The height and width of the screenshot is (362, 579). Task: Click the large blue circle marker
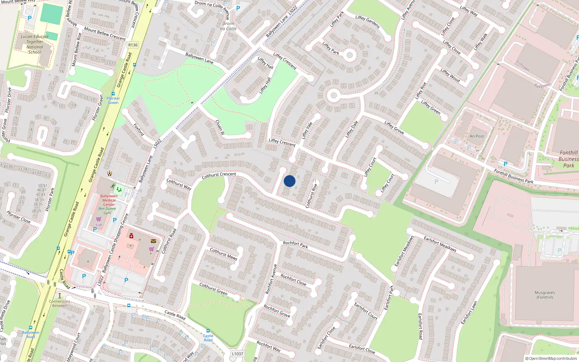(289, 181)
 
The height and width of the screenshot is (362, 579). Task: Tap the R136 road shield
(133, 45)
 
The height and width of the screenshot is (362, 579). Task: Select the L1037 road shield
(237, 354)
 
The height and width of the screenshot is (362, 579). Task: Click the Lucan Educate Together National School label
(35, 44)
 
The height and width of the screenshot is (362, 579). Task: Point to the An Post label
(477, 136)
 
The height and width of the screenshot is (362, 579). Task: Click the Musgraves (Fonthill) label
(545, 295)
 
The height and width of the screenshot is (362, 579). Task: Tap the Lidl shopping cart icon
(98, 219)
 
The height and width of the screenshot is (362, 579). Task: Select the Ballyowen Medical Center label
(109, 200)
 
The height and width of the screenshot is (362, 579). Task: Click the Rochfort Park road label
(295, 245)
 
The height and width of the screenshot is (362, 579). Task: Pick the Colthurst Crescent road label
(219, 175)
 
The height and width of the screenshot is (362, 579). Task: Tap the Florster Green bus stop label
(113, 100)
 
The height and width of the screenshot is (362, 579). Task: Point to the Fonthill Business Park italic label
(569, 159)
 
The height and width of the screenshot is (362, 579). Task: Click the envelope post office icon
(153, 241)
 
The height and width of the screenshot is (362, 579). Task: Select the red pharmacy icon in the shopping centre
(131, 236)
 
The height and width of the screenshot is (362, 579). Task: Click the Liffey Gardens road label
(367, 22)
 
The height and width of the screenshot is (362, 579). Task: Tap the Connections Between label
(60, 303)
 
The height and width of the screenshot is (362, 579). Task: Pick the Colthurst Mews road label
(223, 254)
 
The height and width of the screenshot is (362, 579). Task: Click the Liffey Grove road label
(394, 127)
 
